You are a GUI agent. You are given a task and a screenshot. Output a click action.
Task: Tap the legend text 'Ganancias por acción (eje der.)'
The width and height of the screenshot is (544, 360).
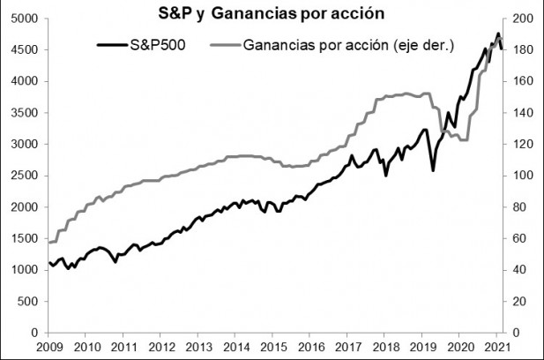click(347, 43)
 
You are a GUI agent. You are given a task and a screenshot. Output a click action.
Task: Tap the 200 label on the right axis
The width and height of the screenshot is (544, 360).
click(522, 19)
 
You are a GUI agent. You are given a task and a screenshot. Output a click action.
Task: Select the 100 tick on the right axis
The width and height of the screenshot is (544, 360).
click(522, 176)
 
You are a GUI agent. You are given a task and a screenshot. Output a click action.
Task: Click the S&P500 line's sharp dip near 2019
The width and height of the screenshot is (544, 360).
click(432, 169)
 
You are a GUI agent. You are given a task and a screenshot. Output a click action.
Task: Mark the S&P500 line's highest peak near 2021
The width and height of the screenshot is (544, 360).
click(498, 34)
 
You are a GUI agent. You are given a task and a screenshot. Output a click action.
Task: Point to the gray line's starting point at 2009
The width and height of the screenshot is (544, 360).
click(49, 242)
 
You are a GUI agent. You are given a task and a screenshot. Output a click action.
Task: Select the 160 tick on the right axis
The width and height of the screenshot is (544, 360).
click(522, 81)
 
